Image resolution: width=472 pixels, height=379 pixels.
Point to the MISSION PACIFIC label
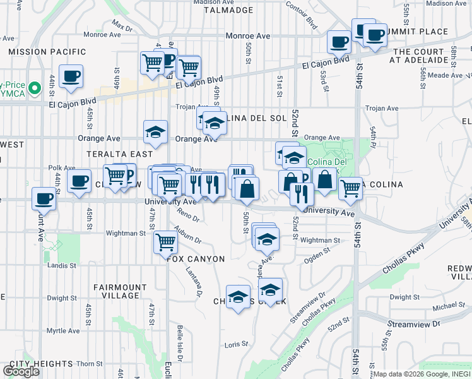click(47, 51)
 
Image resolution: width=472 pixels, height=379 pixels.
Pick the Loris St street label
click(237, 345)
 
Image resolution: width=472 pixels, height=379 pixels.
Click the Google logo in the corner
click(21, 371)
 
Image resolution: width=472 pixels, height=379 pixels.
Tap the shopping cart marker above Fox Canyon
click(165, 241)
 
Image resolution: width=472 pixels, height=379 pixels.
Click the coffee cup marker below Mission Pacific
click(70, 76)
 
